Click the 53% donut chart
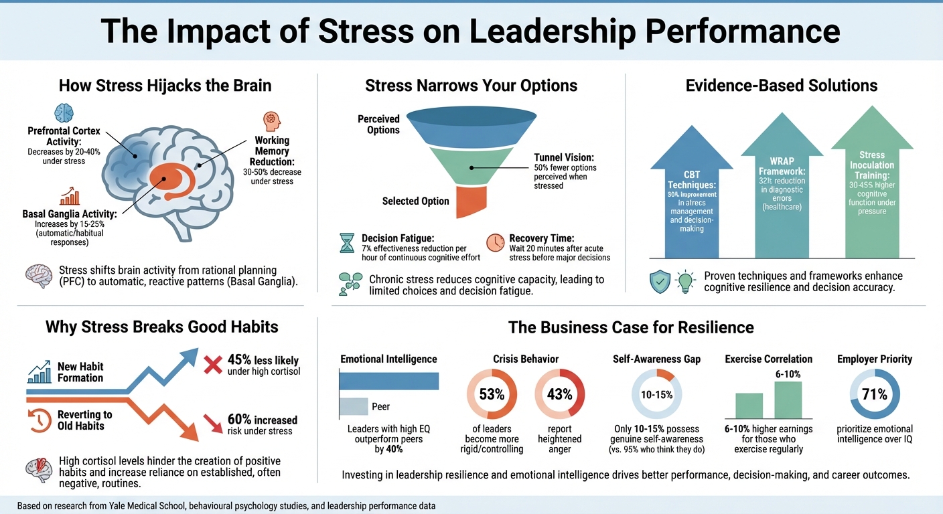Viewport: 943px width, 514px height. coord(491,394)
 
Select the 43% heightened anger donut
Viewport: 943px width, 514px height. coord(560,394)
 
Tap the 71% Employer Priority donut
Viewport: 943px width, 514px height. coord(875,394)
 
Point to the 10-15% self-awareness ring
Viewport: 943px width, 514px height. coord(656,394)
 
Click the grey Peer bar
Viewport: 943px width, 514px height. coord(354,406)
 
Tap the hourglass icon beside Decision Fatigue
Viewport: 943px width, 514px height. coord(347,244)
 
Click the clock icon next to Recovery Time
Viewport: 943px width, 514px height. coord(495,243)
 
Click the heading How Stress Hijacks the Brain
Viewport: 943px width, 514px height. coord(165,86)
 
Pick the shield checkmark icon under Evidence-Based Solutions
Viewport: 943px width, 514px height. coord(659,282)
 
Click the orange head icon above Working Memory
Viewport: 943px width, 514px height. coord(273,121)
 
